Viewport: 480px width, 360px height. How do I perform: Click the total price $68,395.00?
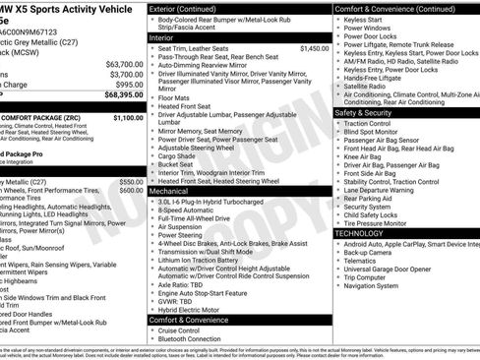pos(120,95)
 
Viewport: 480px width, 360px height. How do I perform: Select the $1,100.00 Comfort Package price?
pos(128,117)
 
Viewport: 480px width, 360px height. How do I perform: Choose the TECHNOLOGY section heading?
pos(360,233)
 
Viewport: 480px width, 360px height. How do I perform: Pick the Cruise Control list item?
pos(187,330)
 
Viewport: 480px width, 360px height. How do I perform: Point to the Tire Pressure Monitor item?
pos(382,223)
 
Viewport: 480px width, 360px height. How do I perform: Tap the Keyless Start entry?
pos(364,19)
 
